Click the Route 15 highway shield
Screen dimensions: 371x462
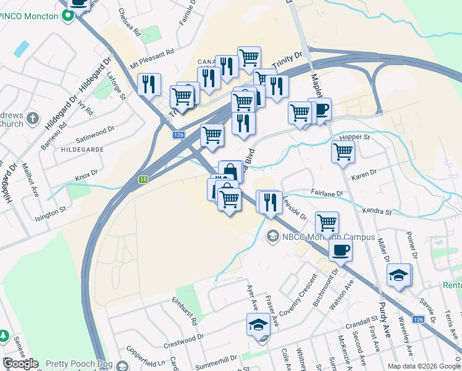tap(143, 179)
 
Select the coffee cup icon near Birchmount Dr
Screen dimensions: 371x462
tap(340, 250)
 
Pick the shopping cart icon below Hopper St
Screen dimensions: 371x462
tap(342, 151)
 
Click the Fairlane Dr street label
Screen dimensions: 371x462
tap(327, 194)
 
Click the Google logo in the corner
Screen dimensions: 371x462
tap(20, 364)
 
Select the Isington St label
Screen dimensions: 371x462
tap(51, 213)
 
